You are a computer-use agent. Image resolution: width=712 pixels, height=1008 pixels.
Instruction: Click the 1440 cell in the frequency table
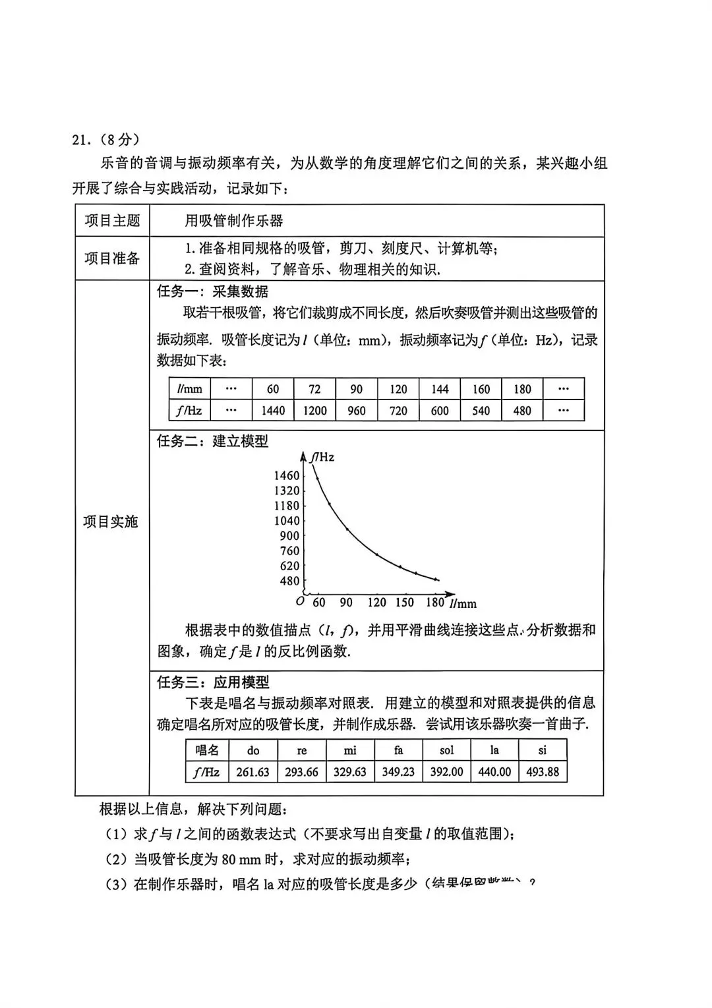273,411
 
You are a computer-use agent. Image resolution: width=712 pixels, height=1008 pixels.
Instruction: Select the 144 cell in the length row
440,389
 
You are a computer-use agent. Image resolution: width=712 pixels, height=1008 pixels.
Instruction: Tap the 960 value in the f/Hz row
357,411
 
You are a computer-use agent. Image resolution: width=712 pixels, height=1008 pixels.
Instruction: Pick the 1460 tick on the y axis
286,475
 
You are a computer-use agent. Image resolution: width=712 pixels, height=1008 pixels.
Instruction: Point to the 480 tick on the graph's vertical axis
289,581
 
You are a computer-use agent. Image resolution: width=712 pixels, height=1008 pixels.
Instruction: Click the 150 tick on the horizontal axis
404,603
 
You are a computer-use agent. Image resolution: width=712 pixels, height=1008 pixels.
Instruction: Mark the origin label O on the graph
300,601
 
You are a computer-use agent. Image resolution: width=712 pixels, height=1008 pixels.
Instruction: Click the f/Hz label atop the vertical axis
323,457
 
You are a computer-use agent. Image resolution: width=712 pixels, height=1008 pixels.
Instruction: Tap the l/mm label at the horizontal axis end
463,603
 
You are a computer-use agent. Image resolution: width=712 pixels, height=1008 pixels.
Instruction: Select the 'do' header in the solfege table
253,750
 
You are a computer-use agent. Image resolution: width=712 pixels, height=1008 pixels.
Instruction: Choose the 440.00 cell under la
494,772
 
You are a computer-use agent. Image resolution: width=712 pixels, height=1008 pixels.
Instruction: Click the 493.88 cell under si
543,772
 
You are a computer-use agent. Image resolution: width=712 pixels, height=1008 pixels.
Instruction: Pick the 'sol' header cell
446,750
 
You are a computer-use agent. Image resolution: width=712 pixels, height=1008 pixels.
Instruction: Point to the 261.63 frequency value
252,772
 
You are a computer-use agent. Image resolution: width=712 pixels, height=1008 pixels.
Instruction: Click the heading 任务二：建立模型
212,441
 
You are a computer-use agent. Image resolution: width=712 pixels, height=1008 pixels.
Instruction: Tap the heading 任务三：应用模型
213,682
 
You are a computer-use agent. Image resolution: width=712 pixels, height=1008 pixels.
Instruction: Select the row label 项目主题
112,221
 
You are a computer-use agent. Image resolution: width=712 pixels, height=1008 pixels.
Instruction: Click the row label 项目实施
111,521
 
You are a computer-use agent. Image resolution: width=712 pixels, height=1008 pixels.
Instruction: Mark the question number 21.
80,140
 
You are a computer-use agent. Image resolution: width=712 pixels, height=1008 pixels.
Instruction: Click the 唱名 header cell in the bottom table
207,750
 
